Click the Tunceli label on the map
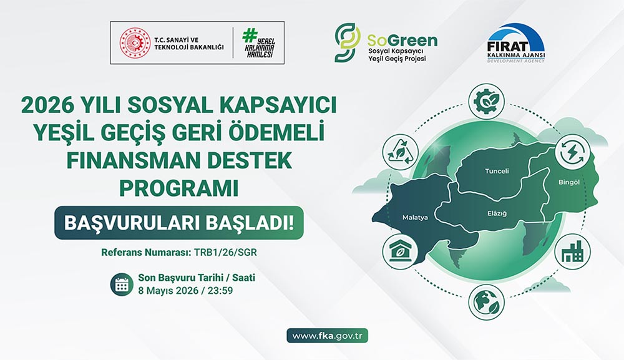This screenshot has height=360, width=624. click(x=497, y=171)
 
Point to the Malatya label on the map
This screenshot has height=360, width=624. click(x=415, y=218)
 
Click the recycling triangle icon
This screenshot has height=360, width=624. click(x=402, y=152)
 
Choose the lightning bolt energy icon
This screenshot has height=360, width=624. click(x=572, y=152)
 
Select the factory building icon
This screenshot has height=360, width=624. click(x=572, y=252)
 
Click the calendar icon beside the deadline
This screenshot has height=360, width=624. click(x=122, y=285)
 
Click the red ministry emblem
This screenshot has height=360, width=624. click(x=132, y=42)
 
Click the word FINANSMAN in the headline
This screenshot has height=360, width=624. click(x=114, y=162)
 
